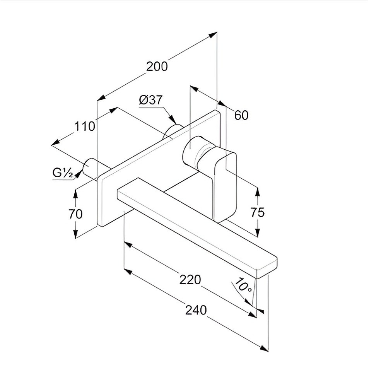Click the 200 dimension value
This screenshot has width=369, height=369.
pyautogui.click(x=157, y=67)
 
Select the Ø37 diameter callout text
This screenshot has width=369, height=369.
pyautogui.click(x=150, y=100)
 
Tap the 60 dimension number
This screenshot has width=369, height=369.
pyautogui.click(x=241, y=115)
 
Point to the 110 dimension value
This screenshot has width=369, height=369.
pyautogui.click(x=85, y=126)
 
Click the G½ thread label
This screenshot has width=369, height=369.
pyautogui.click(x=63, y=173)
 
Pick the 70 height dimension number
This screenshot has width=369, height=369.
pyautogui.click(x=75, y=214)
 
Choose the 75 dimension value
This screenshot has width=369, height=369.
pyautogui.click(x=258, y=212)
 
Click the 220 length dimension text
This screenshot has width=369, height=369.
pyautogui.click(x=190, y=280)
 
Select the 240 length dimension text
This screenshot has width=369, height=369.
pyautogui.click(x=196, y=310)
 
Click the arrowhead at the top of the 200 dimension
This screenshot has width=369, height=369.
pyautogui.click(x=213, y=35)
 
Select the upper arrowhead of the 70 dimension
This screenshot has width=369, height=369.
pyautogui.click(x=75, y=194)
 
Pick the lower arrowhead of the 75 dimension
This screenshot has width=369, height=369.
pyautogui.click(x=258, y=232)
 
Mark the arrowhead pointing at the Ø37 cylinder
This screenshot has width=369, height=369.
pyautogui.click(x=173, y=120)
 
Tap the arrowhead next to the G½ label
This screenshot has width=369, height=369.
pyautogui.click(x=79, y=174)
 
